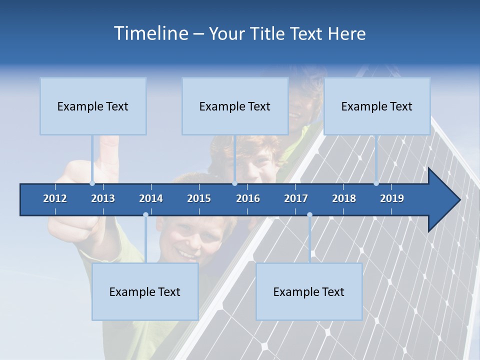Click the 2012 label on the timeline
pyautogui.click(x=55, y=198)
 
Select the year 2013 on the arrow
pyautogui.click(x=103, y=198)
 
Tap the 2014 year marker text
pyautogui.click(x=151, y=198)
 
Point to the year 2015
pyautogui.click(x=199, y=198)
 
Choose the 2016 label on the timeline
pyautogui.click(x=248, y=198)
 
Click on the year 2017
pyautogui.click(x=296, y=198)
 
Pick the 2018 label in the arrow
pyautogui.click(x=344, y=198)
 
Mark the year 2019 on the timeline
pyautogui.click(x=392, y=198)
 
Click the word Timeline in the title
pyautogui.click(x=150, y=33)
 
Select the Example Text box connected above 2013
pyautogui.click(x=93, y=106)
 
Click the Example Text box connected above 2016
pyautogui.click(x=235, y=106)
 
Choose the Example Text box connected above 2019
pyautogui.click(x=377, y=106)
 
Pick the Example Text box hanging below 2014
pyautogui.click(x=145, y=291)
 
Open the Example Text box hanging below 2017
pyautogui.click(x=309, y=291)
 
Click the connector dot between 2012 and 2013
pyautogui.click(x=92, y=183)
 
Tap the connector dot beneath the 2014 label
pyautogui.click(x=145, y=214)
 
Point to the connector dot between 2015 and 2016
pyautogui.click(x=234, y=183)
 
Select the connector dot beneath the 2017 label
pyautogui.click(x=309, y=214)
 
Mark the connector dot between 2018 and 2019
pyautogui.click(x=376, y=183)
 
